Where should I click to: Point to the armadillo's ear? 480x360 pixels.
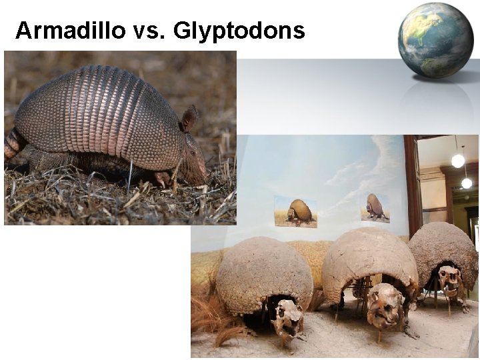click(x=190, y=119)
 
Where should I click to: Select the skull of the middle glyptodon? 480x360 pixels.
click(x=385, y=306)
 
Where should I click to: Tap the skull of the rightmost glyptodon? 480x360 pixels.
click(x=451, y=281)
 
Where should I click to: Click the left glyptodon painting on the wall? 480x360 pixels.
click(x=295, y=212)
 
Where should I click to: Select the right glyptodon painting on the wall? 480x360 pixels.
click(x=375, y=207)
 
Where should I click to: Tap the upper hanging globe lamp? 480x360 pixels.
click(x=457, y=161)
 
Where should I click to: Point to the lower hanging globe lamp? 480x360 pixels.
click(x=467, y=183)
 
